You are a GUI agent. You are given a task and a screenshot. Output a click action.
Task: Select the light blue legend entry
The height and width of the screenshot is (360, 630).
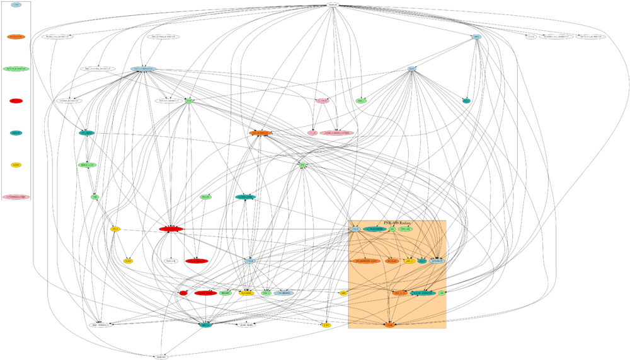pos(16,5)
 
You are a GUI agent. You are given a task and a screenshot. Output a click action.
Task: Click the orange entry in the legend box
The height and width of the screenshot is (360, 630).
pos(16,37)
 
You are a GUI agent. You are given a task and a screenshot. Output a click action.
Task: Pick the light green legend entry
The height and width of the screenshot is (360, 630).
pos(16,69)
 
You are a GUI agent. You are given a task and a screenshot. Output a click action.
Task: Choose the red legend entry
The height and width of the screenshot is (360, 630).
pos(16,101)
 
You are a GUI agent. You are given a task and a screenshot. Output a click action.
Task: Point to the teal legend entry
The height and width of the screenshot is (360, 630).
pos(16,133)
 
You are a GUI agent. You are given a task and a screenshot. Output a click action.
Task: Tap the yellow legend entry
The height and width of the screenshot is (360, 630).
pos(16,165)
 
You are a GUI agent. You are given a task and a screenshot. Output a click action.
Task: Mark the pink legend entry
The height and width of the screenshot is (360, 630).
pos(16,197)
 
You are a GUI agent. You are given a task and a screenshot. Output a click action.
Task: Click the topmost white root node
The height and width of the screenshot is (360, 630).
pos(333,5)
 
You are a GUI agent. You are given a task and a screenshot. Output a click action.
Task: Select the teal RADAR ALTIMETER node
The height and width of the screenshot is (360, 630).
pos(415,293)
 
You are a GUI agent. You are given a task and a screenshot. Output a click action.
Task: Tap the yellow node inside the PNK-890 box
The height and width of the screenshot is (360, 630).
pos(409,260)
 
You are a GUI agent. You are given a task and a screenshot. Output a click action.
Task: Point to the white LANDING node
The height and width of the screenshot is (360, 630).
pos(163,357)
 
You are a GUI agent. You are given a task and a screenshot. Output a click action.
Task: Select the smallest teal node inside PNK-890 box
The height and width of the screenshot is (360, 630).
pos(422,260)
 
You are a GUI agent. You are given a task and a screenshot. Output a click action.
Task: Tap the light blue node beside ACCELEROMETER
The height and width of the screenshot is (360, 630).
pos(355,229)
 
